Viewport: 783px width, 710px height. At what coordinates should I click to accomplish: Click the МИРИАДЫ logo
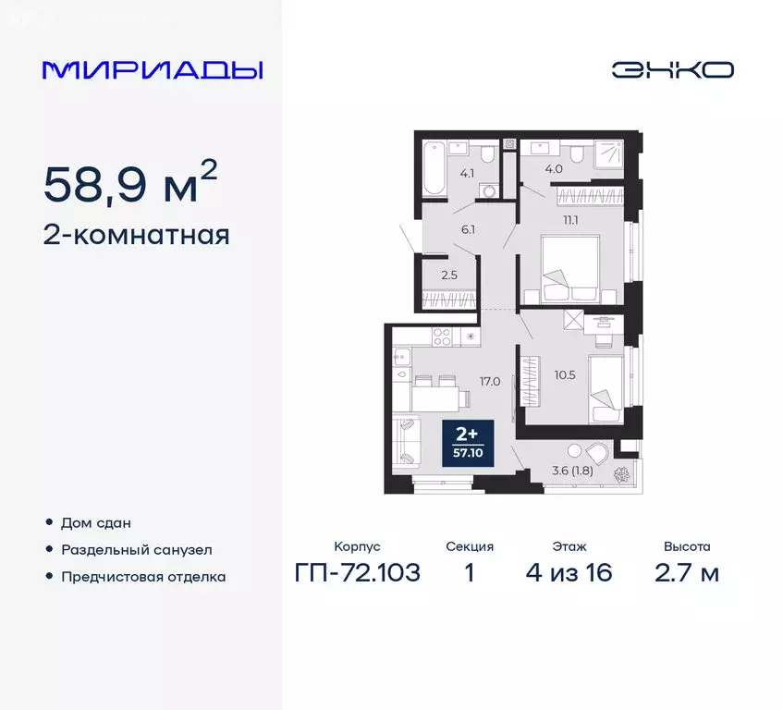tap(153, 70)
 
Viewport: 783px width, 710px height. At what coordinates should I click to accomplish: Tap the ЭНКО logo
tap(672, 69)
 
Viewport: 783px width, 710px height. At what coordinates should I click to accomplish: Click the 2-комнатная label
tap(136, 236)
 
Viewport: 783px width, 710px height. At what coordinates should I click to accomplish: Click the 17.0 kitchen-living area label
tap(490, 380)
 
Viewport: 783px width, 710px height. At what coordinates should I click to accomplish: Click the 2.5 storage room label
tap(448, 275)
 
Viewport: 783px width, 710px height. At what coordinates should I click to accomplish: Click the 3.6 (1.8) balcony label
tap(571, 470)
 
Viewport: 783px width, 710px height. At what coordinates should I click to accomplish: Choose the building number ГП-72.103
tap(358, 573)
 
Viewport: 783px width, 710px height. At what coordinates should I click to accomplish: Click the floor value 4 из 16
tap(569, 573)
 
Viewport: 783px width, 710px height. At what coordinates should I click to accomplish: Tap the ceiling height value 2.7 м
tap(687, 573)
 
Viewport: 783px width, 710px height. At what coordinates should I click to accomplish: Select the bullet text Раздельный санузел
tap(137, 549)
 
